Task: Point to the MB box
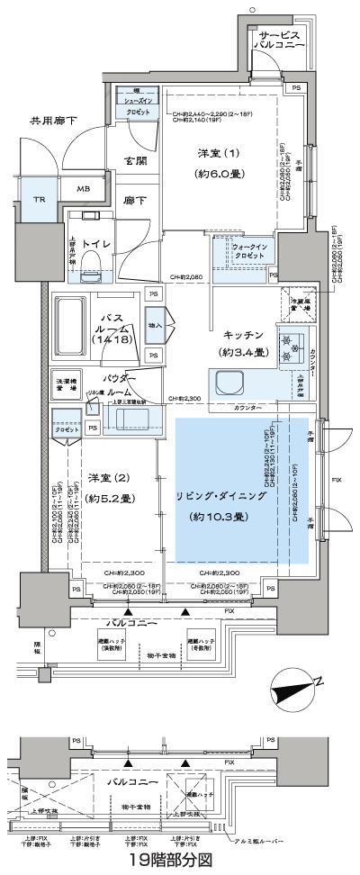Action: (82, 189)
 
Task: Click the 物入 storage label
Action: (154, 324)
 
